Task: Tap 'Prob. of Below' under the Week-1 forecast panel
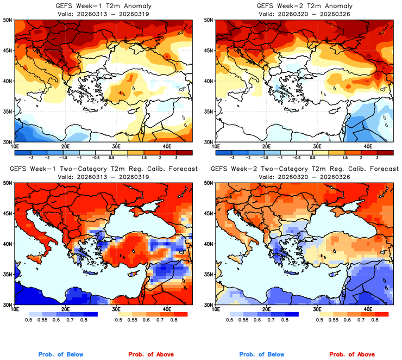(x=61, y=354)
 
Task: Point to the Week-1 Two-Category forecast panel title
(x=103, y=169)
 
